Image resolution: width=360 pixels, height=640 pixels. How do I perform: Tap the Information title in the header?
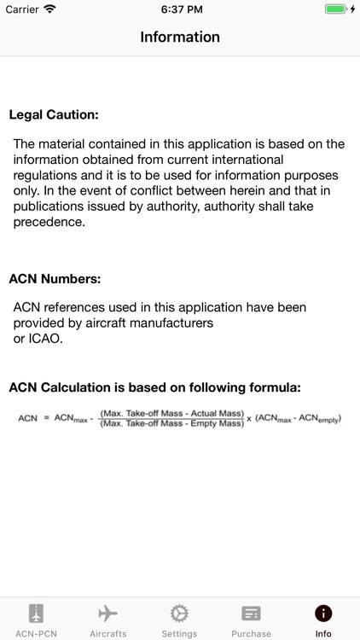click(180, 37)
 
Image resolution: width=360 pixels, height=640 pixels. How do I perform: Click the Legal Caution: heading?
click(54, 114)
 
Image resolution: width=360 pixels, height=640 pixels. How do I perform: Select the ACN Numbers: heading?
click(55, 278)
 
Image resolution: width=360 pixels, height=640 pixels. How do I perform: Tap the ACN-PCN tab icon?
click(36, 614)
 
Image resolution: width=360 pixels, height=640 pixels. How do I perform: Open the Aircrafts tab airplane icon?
click(107, 614)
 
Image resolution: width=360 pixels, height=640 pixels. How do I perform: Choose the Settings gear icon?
click(179, 614)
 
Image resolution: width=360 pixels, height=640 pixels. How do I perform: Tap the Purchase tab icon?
click(251, 614)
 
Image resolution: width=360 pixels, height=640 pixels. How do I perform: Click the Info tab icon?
click(323, 614)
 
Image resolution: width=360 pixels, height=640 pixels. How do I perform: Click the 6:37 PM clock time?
click(180, 9)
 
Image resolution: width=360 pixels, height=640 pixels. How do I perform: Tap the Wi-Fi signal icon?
click(49, 9)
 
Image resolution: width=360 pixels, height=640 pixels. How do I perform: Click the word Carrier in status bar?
click(23, 9)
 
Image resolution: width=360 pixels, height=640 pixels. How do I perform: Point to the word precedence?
click(49, 222)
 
